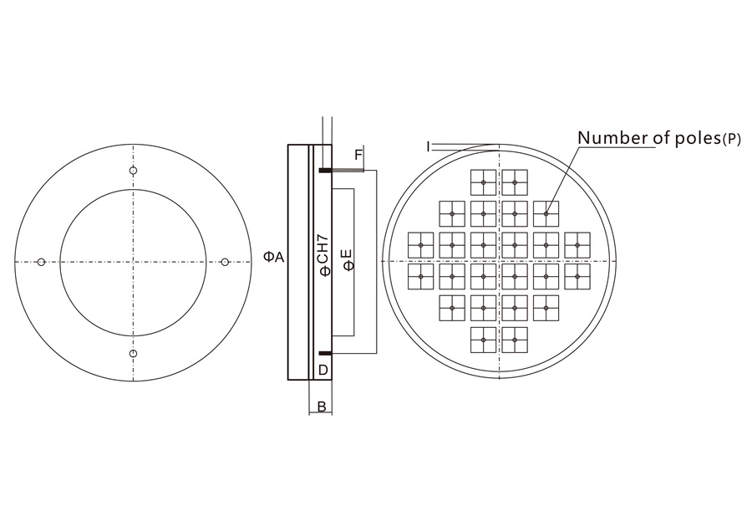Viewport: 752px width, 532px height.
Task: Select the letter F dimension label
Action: [x=358, y=155]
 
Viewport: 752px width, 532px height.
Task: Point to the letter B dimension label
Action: [x=321, y=407]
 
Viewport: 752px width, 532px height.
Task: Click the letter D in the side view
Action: [x=323, y=369]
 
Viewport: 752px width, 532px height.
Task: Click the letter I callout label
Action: [x=428, y=146]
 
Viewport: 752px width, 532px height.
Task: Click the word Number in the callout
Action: [x=604, y=137]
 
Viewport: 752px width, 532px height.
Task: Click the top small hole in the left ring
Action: [x=133, y=171]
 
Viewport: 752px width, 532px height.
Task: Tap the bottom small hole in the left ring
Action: [x=133, y=354]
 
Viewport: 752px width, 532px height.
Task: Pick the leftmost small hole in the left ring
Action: [x=41, y=263]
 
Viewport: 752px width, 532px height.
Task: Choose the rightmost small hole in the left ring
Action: [x=225, y=263]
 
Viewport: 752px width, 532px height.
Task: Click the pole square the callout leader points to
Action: [x=546, y=214]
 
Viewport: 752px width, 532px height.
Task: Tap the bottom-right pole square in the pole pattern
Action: [x=515, y=339]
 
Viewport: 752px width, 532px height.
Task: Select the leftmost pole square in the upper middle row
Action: [x=421, y=245]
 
